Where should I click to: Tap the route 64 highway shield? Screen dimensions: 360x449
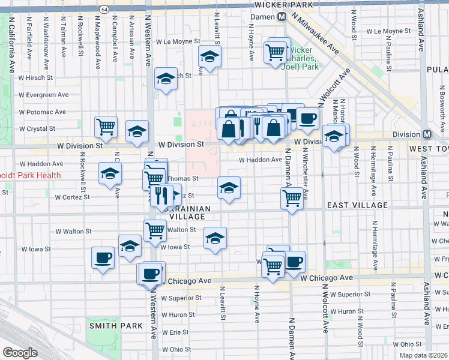coord(104,10)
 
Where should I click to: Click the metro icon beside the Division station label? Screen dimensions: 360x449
coord(427,134)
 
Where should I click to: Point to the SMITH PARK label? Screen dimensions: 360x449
coord(116,326)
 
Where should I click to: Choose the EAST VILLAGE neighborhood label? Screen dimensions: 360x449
coord(357,205)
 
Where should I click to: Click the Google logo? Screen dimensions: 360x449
coord(20,353)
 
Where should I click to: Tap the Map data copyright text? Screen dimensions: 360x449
coord(424,355)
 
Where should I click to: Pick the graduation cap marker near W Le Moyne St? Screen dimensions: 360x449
coord(209,57)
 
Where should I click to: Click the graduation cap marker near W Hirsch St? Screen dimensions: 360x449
coord(165,79)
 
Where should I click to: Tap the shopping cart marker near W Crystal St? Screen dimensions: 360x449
coord(106,126)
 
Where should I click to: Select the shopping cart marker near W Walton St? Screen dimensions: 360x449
coord(155,229)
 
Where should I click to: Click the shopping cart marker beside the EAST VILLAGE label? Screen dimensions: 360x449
coord(292,197)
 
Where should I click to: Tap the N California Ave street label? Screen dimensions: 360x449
coord(11,37)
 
